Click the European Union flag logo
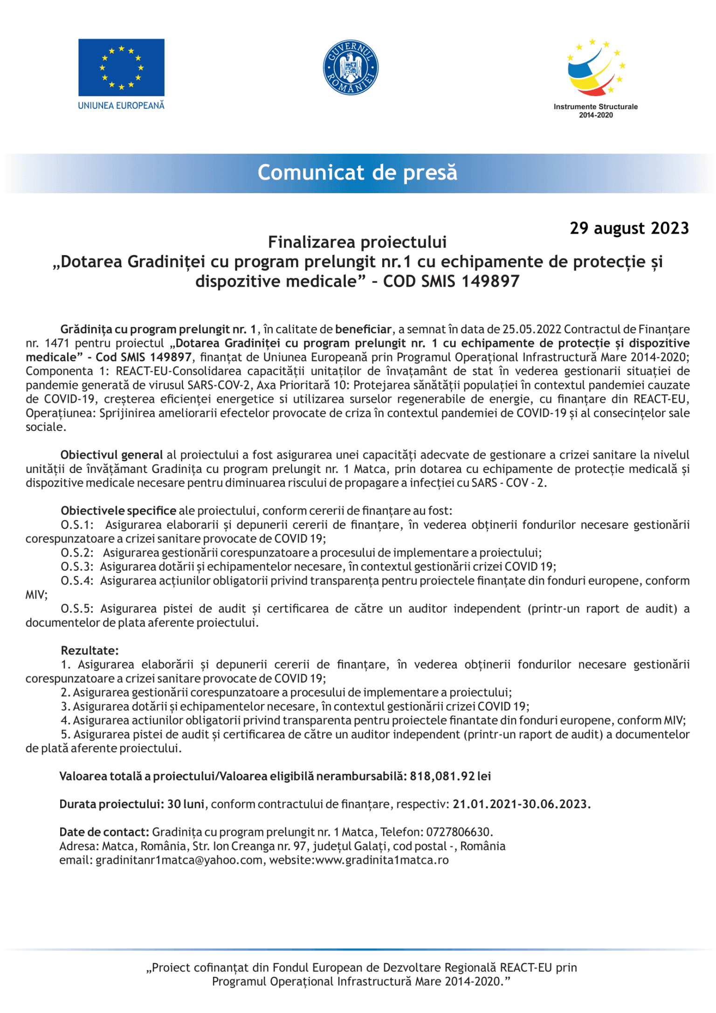tap(121, 67)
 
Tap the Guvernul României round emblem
tap(351, 67)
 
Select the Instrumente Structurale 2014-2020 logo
tap(595, 77)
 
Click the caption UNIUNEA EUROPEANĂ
tap(121, 106)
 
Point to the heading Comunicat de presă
tap(358, 173)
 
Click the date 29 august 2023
tap(629, 228)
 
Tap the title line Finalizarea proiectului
tap(357, 242)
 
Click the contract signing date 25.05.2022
tap(531, 329)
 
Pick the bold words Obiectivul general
tap(111, 455)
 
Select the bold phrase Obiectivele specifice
tap(118, 511)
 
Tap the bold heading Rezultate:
tap(89, 651)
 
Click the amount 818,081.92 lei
tap(450, 776)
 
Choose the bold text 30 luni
tap(186, 804)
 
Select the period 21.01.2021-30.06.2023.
tap(521, 804)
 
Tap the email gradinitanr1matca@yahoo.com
tap(179, 860)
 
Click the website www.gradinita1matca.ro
tap(382, 860)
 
